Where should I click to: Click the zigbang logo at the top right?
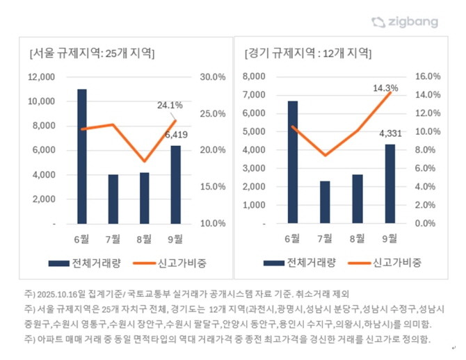405,22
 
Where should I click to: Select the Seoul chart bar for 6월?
82,156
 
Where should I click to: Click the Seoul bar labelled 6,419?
175,185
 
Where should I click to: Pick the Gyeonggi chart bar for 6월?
293,162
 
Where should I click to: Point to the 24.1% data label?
170,106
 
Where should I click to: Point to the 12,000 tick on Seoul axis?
41,77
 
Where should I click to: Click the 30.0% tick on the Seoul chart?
213,77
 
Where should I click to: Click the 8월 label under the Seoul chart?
145,238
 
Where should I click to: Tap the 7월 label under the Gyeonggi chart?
324,238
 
